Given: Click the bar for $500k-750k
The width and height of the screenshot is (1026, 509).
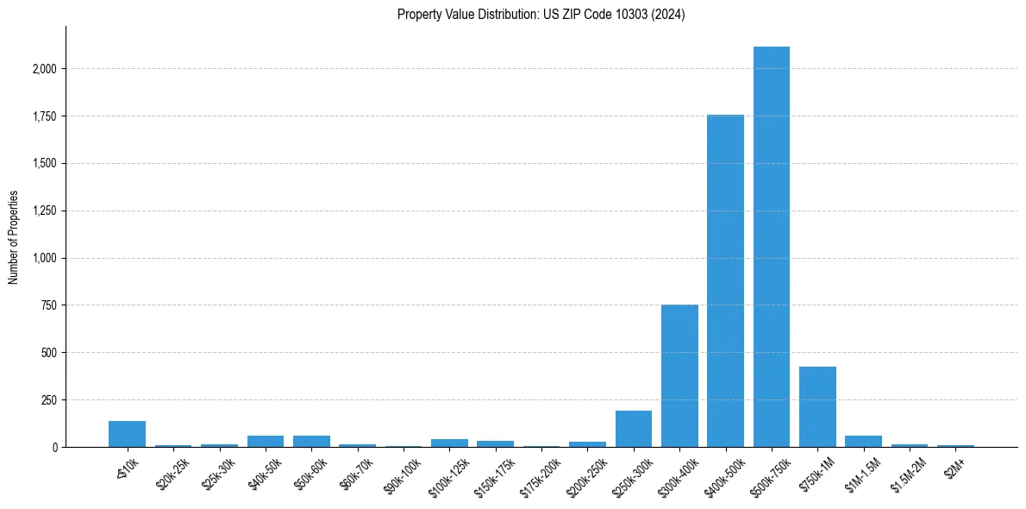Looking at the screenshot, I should [x=771, y=247].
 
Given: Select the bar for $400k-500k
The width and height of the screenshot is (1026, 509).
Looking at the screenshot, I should [x=725, y=281].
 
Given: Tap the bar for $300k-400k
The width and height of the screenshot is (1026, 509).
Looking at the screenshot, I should [x=679, y=376].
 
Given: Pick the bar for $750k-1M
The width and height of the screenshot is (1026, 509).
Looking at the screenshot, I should [x=817, y=407].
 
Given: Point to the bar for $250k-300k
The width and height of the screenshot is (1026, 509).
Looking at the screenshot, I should [x=633, y=429].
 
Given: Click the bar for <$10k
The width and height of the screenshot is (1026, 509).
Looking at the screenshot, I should [x=127, y=434].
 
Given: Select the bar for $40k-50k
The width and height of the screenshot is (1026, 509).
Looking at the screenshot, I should [x=266, y=442].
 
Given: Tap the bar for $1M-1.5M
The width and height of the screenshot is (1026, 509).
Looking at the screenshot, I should [x=863, y=442].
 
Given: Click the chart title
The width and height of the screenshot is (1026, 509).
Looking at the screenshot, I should [x=541, y=15].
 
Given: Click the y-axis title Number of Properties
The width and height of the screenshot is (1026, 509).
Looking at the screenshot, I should [x=14, y=237].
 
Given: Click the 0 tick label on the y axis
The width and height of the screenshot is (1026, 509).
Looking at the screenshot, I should [x=54, y=447].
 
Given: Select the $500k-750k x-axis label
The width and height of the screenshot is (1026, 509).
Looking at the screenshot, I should [x=767, y=470].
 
